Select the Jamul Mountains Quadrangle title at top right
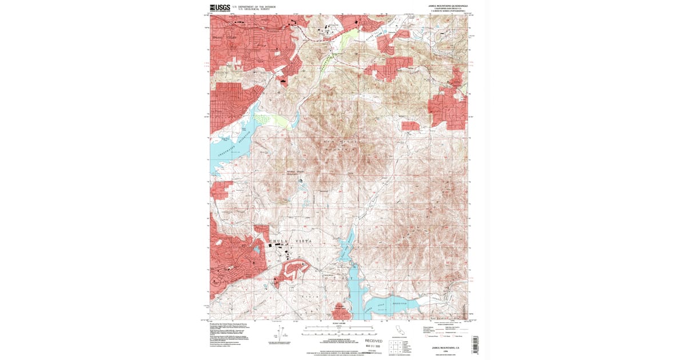click(448, 6)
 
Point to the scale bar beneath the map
click(340, 331)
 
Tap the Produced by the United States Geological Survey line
click(228, 323)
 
